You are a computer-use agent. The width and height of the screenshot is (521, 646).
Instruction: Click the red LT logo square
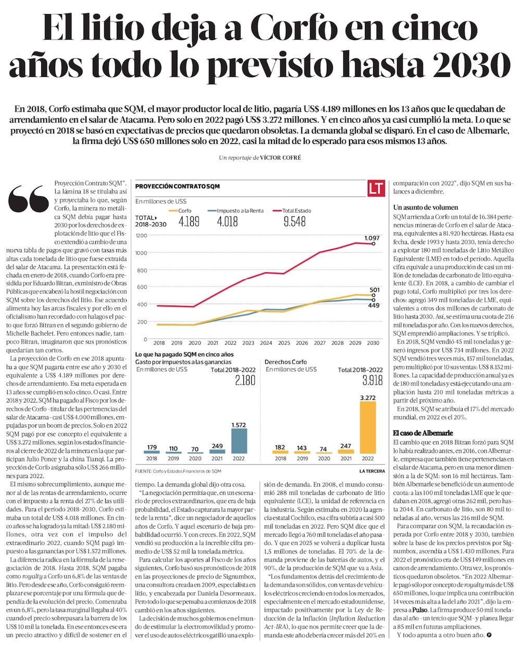click(x=377, y=188)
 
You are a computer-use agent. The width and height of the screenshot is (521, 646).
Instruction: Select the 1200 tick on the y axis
click(x=142, y=236)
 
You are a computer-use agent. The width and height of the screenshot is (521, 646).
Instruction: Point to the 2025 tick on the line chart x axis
click(x=284, y=343)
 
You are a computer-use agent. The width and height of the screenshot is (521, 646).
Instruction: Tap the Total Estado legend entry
click(x=296, y=211)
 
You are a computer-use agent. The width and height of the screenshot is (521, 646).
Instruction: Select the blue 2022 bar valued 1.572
click(x=239, y=441)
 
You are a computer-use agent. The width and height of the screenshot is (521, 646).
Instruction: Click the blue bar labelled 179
click(x=152, y=452)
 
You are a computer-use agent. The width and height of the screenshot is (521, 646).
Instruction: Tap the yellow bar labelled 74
click(x=324, y=453)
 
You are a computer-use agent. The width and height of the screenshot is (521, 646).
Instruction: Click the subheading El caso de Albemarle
click(x=423, y=433)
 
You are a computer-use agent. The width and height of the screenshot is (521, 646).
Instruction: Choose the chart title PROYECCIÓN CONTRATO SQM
click(x=177, y=186)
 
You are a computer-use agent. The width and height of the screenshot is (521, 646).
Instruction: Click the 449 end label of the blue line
click(x=374, y=306)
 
